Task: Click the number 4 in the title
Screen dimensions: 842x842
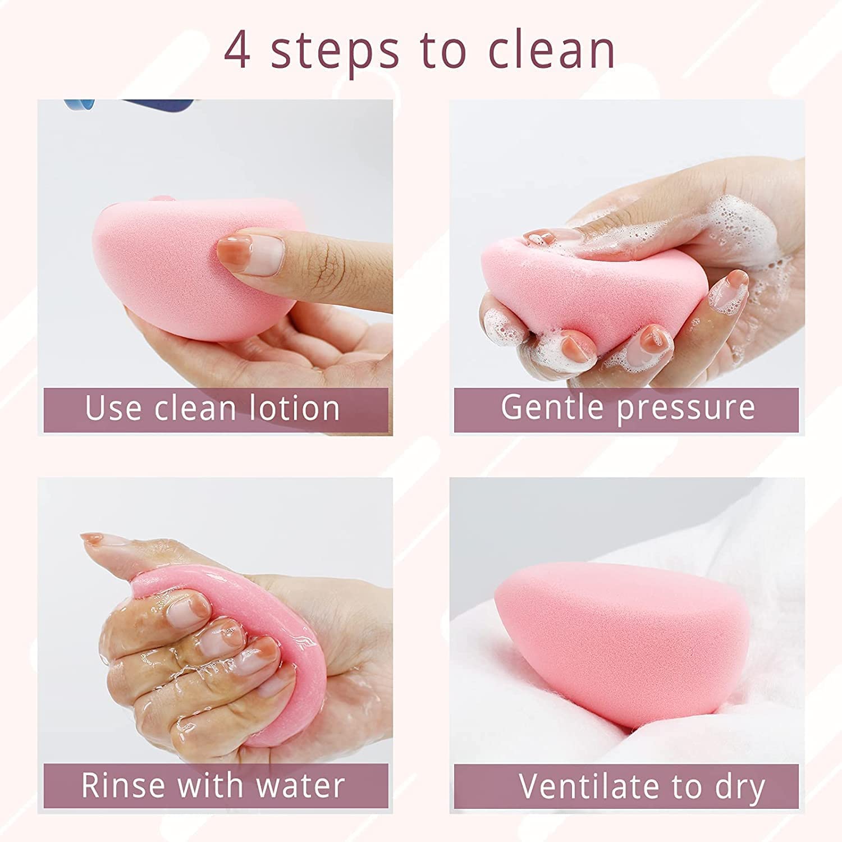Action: (x=237, y=51)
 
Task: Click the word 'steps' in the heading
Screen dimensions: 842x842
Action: (x=335, y=51)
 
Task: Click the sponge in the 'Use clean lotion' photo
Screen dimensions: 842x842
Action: (x=168, y=269)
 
